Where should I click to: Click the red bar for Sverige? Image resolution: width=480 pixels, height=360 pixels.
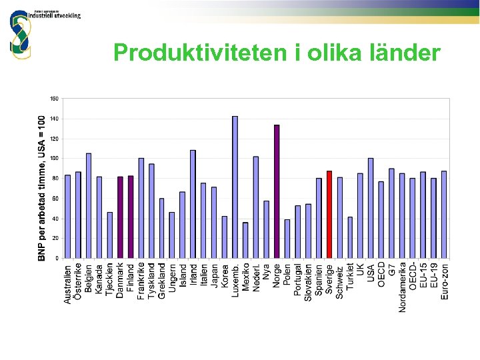[x=329, y=215]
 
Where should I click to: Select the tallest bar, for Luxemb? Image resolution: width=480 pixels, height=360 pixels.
[x=235, y=187]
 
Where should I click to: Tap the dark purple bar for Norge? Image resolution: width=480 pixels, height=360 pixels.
[x=277, y=191]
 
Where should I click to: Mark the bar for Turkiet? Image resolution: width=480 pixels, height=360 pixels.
[x=350, y=237]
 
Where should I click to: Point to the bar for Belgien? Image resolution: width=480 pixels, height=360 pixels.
[x=89, y=205]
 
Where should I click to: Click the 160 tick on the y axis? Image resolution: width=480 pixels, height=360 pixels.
[x=54, y=99]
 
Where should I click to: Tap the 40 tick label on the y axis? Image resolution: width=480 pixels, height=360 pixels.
[x=55, y=218]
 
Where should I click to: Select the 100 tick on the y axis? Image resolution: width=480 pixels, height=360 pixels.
[x=54, y=159]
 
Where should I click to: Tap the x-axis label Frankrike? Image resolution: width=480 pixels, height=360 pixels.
[x=141, y=281]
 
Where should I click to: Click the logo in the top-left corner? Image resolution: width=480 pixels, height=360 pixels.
[x=20, y=33]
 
